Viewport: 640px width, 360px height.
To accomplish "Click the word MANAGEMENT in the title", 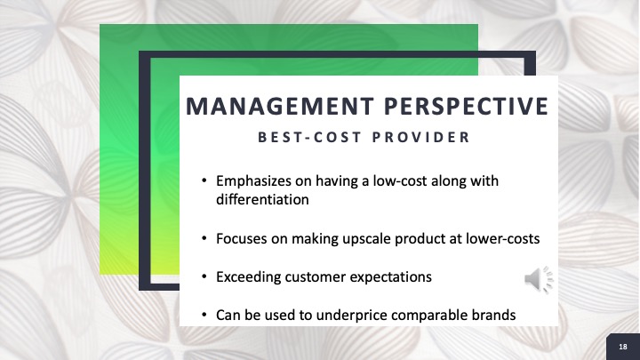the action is (x=280, y=106).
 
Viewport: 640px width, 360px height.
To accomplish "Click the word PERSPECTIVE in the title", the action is (x=466, y=106).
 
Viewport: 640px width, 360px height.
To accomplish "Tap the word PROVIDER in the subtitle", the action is (x=421, y=137).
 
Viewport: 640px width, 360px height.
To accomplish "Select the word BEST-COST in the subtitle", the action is (x=310, y=137).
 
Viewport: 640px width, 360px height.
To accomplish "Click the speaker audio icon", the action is (x=539, y=280).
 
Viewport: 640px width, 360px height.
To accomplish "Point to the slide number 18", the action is (x=623, y=347).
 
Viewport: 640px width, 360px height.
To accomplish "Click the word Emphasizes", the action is (x=254, y=181).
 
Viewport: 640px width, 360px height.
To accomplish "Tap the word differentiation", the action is (x=262, y=200).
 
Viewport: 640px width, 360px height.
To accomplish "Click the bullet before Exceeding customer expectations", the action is (x=204, y=276).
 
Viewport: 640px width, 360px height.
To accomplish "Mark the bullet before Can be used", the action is (x=204, y=315).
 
